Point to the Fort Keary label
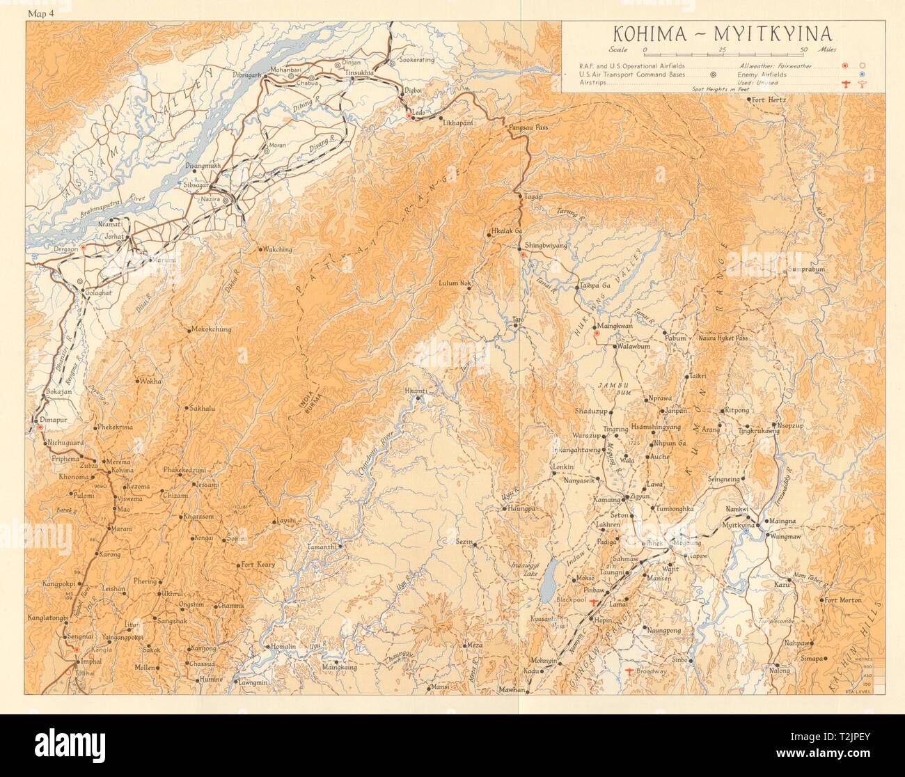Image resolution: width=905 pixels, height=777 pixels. (260, 565)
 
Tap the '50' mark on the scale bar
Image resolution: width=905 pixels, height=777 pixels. (804, 49)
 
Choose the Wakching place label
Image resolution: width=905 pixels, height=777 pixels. (277, 249)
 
